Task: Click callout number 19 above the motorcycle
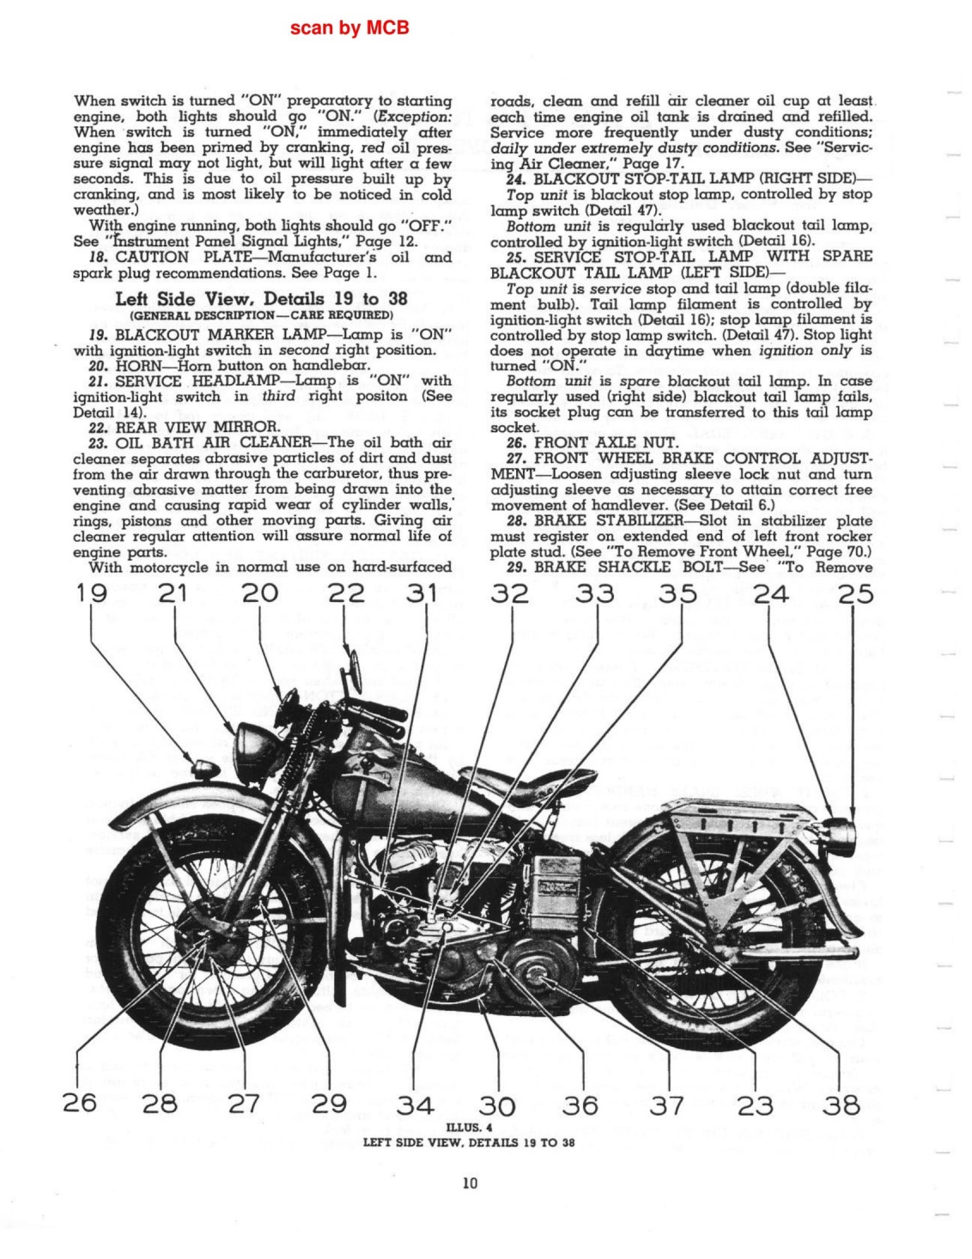(91, 594)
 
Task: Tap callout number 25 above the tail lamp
(855, 594)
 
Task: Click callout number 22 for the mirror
(346, 594)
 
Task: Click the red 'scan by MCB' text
(349, 27)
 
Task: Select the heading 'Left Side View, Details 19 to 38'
(261, 299)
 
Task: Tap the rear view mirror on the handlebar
(354, 671)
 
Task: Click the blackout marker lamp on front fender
(205, 769)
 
